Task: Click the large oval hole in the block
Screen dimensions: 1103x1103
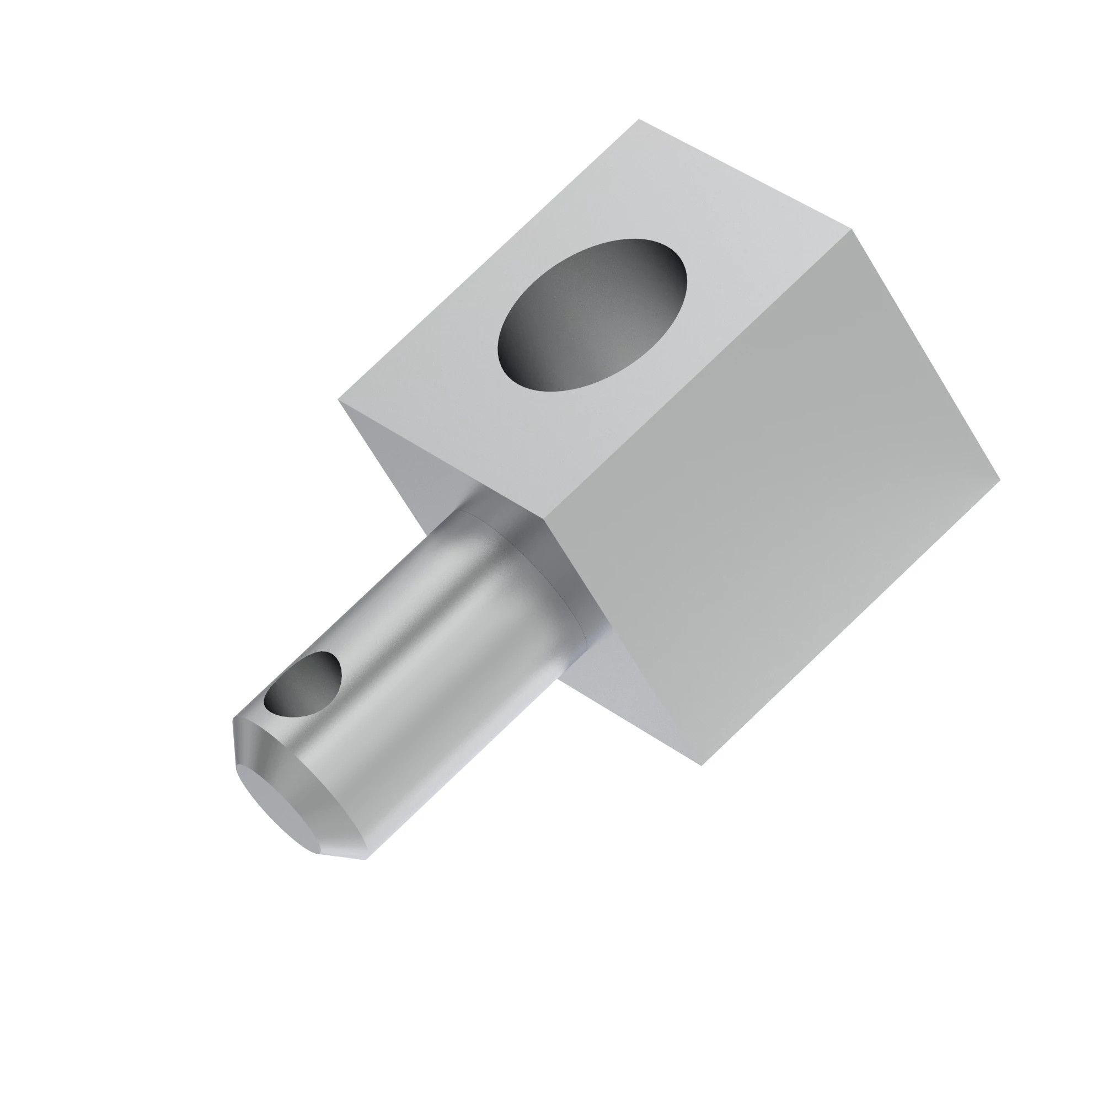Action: pos(592,315)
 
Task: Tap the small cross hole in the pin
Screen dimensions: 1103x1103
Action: pos(303,686)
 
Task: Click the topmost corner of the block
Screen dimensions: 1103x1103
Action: pos(639,120)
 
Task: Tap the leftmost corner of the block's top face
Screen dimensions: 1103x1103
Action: pos(339,400)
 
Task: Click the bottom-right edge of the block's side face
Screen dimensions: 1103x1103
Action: pos(850,622)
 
